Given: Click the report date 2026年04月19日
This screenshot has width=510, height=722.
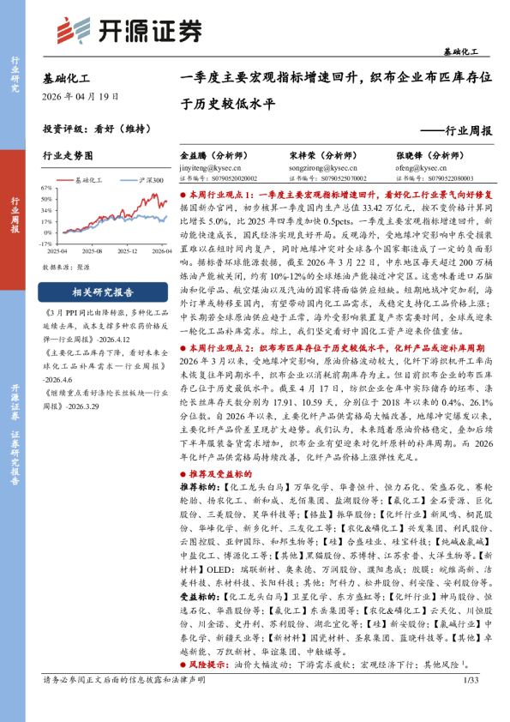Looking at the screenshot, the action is point(81,97).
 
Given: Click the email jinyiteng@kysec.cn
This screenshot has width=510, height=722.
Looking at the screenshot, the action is point(212,169).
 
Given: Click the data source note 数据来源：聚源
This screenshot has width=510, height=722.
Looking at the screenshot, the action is point(66,266).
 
